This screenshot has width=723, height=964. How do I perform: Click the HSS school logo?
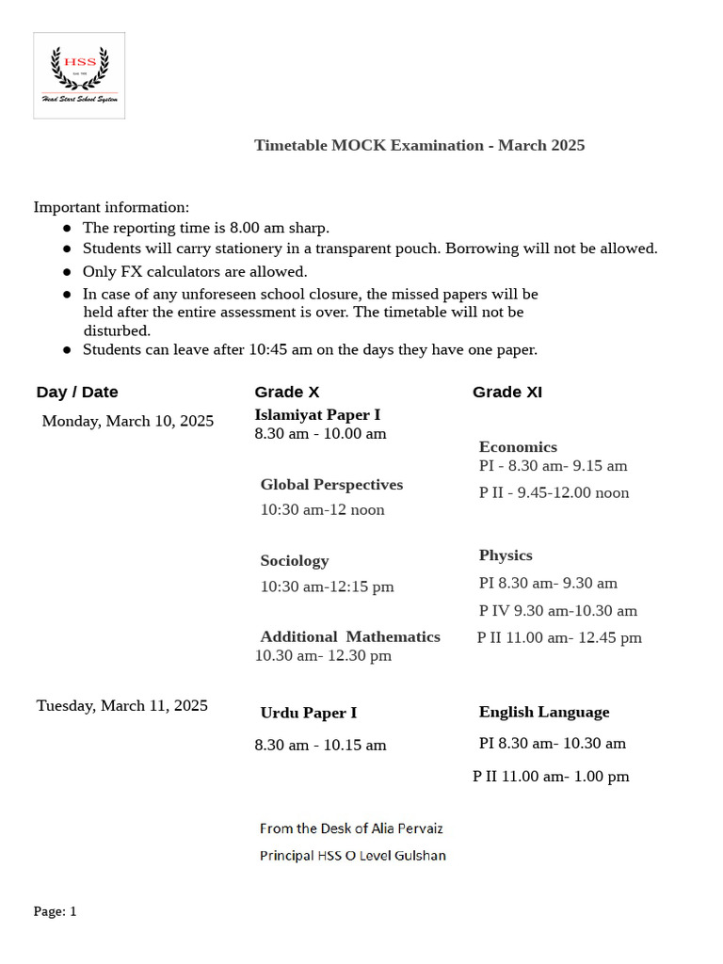(79, 75)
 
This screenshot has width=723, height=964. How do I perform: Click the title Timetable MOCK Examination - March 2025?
(419, 145)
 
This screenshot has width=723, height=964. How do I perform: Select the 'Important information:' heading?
(111, 206)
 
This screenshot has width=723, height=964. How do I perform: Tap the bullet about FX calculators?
(195, 271)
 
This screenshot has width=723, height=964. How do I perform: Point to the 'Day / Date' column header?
(77, 392)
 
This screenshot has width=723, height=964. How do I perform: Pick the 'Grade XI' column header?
(506, 392)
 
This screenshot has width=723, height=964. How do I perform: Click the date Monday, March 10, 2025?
(127, 421)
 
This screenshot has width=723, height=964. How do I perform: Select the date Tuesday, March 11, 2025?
(122, 705)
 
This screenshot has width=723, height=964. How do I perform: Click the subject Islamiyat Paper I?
(317, 414)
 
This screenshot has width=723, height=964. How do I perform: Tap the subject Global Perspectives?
(331, 485)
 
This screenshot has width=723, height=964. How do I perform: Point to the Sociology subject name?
(295, 561)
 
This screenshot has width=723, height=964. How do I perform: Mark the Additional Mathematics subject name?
(350, 636)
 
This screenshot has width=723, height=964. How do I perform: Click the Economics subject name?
(518, 447)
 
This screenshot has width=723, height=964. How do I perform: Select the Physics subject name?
(506, 555)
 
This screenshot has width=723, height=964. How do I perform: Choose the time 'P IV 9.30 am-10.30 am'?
(557, 611)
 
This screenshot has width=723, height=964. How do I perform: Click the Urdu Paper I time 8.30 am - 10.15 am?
(320, 745)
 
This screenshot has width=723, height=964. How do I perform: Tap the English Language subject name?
(544, 712)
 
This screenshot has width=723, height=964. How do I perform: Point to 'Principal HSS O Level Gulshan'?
(353, 856)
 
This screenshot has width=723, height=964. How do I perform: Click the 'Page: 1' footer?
(56, 911)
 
